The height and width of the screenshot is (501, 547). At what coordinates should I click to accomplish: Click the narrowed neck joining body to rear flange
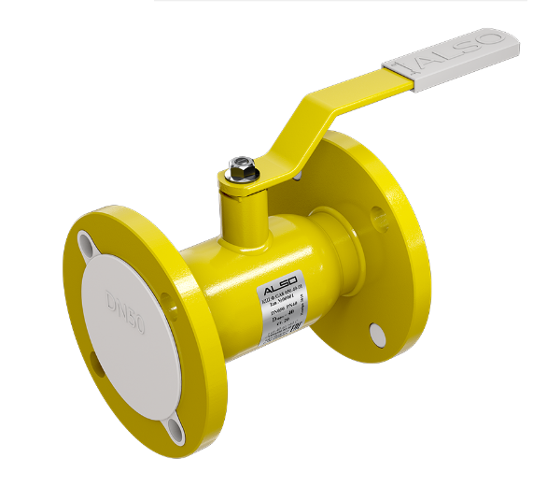click(332, 257)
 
